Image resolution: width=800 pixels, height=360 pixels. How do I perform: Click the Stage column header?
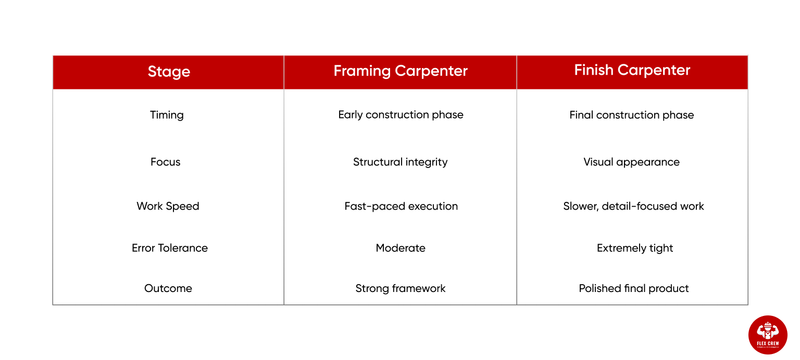click(168, 72)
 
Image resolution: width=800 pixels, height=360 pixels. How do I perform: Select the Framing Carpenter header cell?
click(400, 72)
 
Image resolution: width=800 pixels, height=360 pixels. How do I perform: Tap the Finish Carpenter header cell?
click(632, 71)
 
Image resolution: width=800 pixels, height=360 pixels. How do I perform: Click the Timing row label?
click(168, 115)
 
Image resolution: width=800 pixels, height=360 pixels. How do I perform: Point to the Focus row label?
click(168, 161)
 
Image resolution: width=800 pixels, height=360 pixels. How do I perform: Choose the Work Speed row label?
click(168, 206)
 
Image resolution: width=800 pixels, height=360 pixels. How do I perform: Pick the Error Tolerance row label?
click(168, 247)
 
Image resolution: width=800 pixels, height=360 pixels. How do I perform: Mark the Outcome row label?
click(168, 288)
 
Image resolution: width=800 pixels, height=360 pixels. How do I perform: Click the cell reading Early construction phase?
click(400, 115)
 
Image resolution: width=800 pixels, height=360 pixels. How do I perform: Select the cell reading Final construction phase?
click(632, 115)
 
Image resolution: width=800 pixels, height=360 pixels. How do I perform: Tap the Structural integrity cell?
click(400, 161)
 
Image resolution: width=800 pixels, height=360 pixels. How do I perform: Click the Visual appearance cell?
click(632, 161)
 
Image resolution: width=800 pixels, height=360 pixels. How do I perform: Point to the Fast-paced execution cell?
click(400, 206)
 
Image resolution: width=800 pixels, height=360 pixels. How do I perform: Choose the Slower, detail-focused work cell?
click(632, 206)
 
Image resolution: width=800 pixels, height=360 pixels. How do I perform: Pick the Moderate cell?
click(400, 247)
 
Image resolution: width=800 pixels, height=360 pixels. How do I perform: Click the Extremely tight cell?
click(632, 247)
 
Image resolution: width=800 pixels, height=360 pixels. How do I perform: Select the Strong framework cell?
click(400, 288)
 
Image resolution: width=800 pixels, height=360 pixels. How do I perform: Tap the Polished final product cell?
click(632, 288)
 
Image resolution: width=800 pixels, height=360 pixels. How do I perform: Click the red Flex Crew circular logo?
click(767, 332)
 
